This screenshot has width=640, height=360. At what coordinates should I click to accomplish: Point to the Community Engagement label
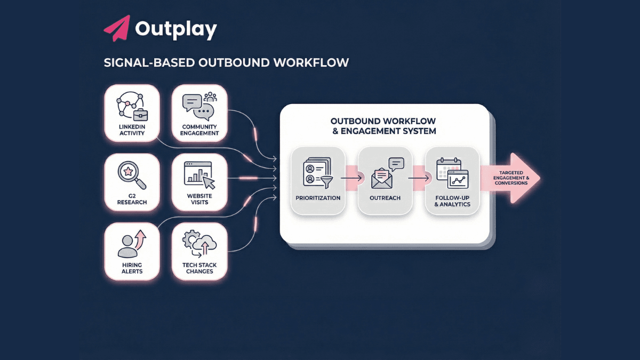(199, 130)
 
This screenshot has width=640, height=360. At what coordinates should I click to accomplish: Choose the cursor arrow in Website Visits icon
(209, 182)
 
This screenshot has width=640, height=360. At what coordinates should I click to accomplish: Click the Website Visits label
(199, 199)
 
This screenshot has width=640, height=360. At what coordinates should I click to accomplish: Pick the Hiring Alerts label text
(132, 268)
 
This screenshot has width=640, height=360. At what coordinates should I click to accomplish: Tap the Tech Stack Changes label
(199, 268)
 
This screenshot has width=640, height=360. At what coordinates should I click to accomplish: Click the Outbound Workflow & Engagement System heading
(383, 126)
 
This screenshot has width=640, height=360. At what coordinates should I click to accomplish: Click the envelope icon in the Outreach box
(382, 177)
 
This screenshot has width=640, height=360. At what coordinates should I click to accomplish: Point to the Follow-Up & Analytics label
(452, 201)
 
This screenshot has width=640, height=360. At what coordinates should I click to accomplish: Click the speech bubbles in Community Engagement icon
(197, 106)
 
